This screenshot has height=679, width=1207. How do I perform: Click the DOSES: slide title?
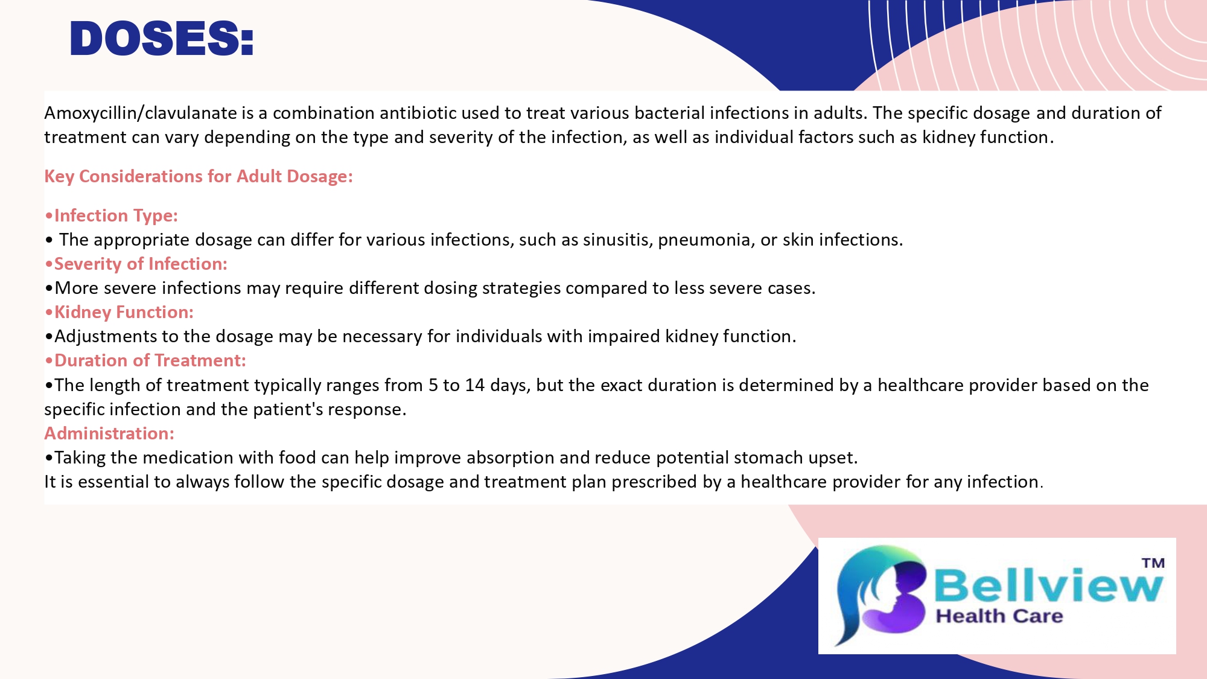162,39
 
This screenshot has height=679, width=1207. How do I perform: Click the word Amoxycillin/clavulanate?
141,113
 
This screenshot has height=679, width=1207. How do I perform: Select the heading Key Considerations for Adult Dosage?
199,176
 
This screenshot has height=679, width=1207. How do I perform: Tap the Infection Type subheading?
112,215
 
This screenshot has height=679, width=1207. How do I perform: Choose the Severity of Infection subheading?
136,264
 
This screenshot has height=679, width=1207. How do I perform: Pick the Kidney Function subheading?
119,312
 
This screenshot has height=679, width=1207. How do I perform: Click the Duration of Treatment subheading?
145,360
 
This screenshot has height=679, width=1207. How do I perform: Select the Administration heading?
109,433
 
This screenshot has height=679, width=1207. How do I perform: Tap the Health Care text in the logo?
999,616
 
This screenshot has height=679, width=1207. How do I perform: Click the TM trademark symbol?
1153,563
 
